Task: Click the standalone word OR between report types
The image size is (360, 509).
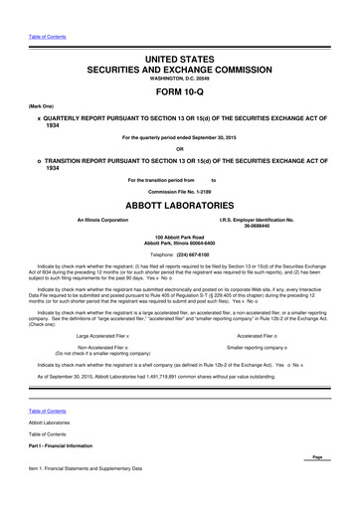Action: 179,150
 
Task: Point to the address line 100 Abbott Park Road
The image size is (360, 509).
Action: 179,237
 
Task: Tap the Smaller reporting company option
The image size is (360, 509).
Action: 257,321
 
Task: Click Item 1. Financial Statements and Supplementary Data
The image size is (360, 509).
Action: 92,468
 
